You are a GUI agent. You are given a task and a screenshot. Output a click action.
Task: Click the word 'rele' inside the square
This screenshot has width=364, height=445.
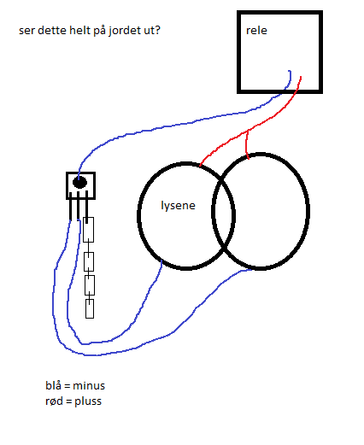tap(256, 31)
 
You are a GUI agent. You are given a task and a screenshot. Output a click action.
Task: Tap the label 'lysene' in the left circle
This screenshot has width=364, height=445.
tap(178, 206)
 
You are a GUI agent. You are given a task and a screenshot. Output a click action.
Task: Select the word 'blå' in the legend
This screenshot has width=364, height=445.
tap(53, 385)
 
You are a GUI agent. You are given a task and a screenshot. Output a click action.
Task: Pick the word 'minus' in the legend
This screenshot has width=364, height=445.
tap(89, 386)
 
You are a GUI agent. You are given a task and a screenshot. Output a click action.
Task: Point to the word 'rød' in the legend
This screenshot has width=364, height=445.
tap(54, 401)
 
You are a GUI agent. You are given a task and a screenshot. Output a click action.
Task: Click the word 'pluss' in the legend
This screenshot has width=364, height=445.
tap(88, 401)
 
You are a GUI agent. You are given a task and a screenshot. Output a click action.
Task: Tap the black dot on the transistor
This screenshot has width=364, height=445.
tap(79, 182)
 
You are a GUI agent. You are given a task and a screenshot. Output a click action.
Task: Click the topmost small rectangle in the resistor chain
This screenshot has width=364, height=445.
tap(88, 230)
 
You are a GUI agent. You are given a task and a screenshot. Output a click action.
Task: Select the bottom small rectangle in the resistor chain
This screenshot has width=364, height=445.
tap(90, 308)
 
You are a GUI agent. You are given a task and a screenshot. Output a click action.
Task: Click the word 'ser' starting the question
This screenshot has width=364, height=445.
tap(26, 31)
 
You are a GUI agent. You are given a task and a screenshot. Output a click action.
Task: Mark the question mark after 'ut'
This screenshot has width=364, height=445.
tap(157, 30)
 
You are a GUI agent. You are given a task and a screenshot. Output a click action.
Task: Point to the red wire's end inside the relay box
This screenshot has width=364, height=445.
tap(301, 77)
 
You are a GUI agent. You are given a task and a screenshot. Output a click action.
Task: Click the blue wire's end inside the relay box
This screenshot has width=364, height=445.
tap(289, 71)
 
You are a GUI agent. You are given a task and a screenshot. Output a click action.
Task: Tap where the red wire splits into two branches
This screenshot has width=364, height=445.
tap(247, 131)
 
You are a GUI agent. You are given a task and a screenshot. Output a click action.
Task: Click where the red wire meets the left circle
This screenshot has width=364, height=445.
tap(200, 165)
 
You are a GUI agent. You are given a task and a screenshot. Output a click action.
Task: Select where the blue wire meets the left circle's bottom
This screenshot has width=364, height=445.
tap(161, 261)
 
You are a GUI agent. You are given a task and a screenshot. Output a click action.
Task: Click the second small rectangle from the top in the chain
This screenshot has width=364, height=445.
tap(89, 261)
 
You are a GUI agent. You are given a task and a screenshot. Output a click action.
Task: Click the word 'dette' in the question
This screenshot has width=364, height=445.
tap(52, 30)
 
